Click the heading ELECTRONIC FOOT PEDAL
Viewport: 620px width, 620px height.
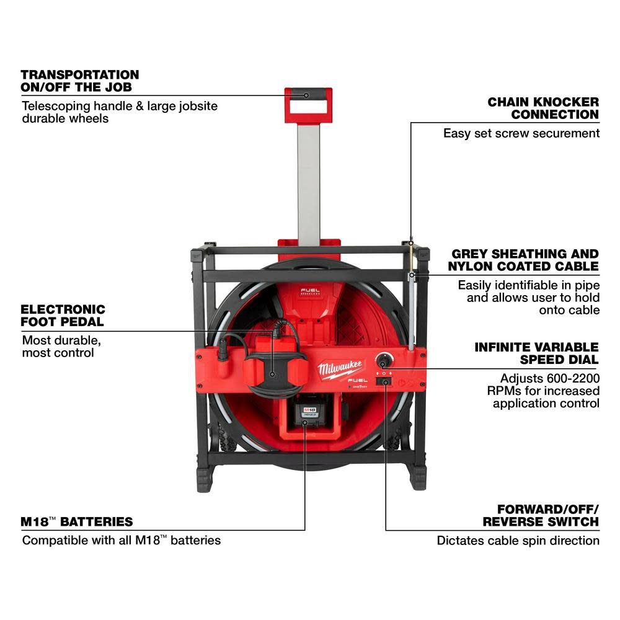click(x=63, y=315)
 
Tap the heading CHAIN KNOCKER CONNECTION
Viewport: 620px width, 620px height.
click(x=543, y=108)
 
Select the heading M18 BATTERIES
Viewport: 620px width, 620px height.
click(x=77, y=521)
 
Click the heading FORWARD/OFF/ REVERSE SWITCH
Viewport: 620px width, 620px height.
click(x=541, y=515)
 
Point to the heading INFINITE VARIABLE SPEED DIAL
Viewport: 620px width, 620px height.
click(x=537, y=353)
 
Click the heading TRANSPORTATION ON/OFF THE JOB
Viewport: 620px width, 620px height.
click(x=79, y=81)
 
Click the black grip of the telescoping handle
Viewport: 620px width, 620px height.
click(x=308, y=95)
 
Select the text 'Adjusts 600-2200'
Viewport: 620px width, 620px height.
click(x=550, y=378)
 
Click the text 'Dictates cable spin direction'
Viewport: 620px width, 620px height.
click(x=518, y=540)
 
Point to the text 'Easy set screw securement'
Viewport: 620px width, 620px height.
click(x=521, y=133)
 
